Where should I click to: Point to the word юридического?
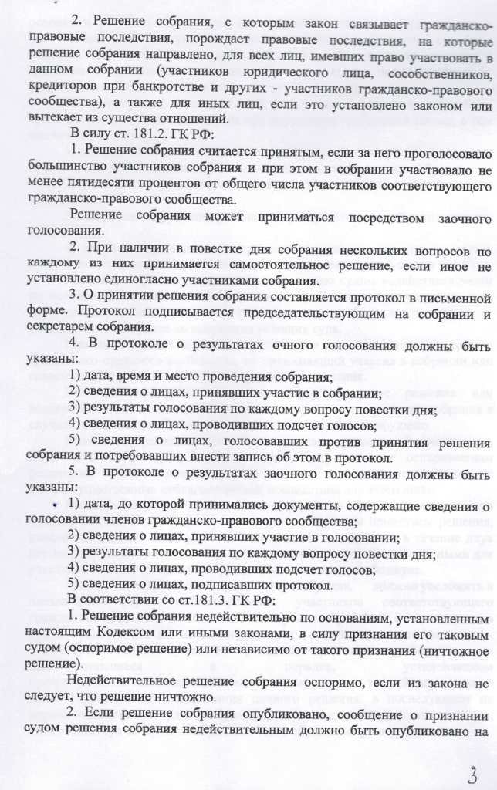coord(278,74)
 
